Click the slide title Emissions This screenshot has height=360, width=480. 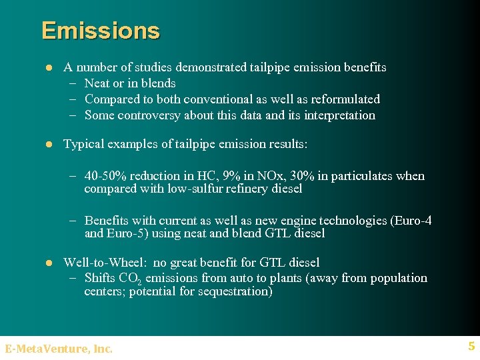tap(101, 31)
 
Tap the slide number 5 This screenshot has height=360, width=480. tap(471, 346)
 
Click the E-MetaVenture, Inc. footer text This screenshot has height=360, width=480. tap(59, 348)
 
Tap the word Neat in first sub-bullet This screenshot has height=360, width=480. tap(97, 83)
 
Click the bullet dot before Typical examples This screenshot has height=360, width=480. tap(48, 144)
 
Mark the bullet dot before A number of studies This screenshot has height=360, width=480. tap(48, 67)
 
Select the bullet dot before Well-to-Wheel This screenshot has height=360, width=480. tap(48, 263)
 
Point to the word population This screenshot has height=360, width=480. tap(396, 278)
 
